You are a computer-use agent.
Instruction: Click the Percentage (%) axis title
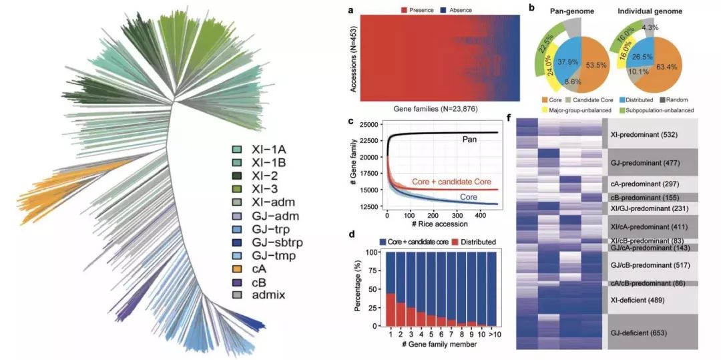pos(358,288)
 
